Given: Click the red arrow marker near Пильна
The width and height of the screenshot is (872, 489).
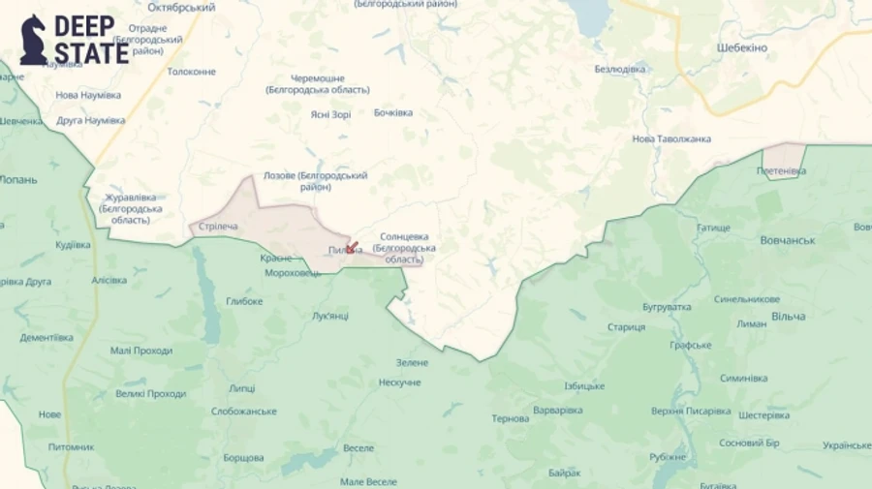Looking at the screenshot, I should (351, 248).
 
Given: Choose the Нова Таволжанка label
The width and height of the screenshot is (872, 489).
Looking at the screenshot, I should (671, 138).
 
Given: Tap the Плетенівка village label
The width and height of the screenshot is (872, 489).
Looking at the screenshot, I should (781, 171).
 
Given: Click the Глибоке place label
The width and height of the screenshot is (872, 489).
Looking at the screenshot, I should (244, 301).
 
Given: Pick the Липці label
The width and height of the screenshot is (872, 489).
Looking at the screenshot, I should (241, 388).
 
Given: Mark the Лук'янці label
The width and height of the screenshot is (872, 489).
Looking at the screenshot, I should (330, 317).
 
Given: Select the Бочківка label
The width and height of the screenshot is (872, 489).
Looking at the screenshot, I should (393, 112).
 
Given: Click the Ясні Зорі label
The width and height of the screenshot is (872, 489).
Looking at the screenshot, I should (330, 113).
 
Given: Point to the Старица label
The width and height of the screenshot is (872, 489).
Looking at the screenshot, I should (626, 326).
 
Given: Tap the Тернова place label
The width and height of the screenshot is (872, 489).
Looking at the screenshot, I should (511, 418).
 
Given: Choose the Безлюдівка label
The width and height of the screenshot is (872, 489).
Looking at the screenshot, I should (620, 69).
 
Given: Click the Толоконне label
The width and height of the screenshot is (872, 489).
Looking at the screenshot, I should (191, 72).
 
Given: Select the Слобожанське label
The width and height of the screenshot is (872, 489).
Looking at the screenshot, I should (244, 412).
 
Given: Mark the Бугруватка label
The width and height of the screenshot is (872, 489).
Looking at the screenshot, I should (667, 307).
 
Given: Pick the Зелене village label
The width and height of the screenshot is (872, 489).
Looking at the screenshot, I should (412, 362).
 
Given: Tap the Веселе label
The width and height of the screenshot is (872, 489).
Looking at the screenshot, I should (358, 448).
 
